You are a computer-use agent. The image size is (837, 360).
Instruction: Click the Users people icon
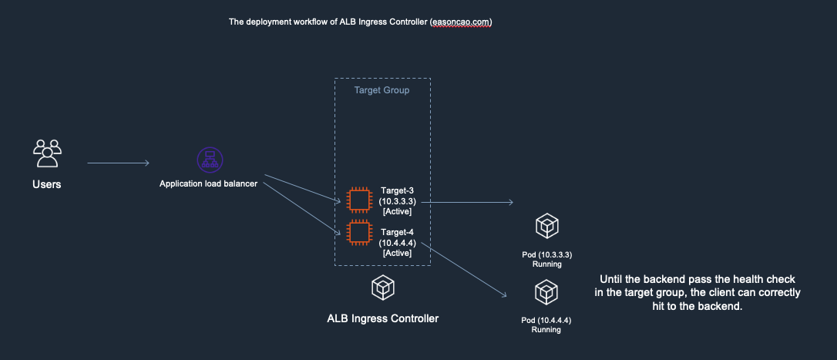click(x=47, y=153)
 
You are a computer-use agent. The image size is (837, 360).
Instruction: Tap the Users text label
click(x=47, y=185)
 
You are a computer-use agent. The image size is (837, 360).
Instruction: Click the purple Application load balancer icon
click(x=209, y=160)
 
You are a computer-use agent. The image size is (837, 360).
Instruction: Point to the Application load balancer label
click(x=208, y=183)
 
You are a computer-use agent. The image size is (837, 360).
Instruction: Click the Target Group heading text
click(x=382, y=90)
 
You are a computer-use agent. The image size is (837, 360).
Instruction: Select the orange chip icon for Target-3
click(x=358, y=200)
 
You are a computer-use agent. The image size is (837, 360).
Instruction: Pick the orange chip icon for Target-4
click(x=358, y=233)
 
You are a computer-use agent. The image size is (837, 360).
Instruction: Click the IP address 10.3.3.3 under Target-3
click(x=397, y=200)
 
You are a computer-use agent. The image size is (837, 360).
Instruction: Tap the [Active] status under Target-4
click(x=397, y=253)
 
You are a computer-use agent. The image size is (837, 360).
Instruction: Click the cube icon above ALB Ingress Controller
click(x=382, y=288)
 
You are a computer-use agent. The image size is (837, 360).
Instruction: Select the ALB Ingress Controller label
click(x=382, y=318)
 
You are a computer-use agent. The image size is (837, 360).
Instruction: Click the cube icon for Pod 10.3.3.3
click(x=546, y=227)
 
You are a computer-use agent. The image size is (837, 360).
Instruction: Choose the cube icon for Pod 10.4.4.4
click(x=546, y=293)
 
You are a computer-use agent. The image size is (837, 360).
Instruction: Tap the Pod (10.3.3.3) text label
click(x=546, y=254)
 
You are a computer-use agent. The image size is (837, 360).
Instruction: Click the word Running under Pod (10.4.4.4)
click(x=546, y=330)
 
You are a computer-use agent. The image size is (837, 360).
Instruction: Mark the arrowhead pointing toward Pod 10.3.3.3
click(x=510, y=203)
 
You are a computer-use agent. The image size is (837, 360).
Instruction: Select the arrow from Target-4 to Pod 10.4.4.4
click(x=462, y=271)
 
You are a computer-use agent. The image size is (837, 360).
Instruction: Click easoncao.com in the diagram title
click(x=460, y=22)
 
